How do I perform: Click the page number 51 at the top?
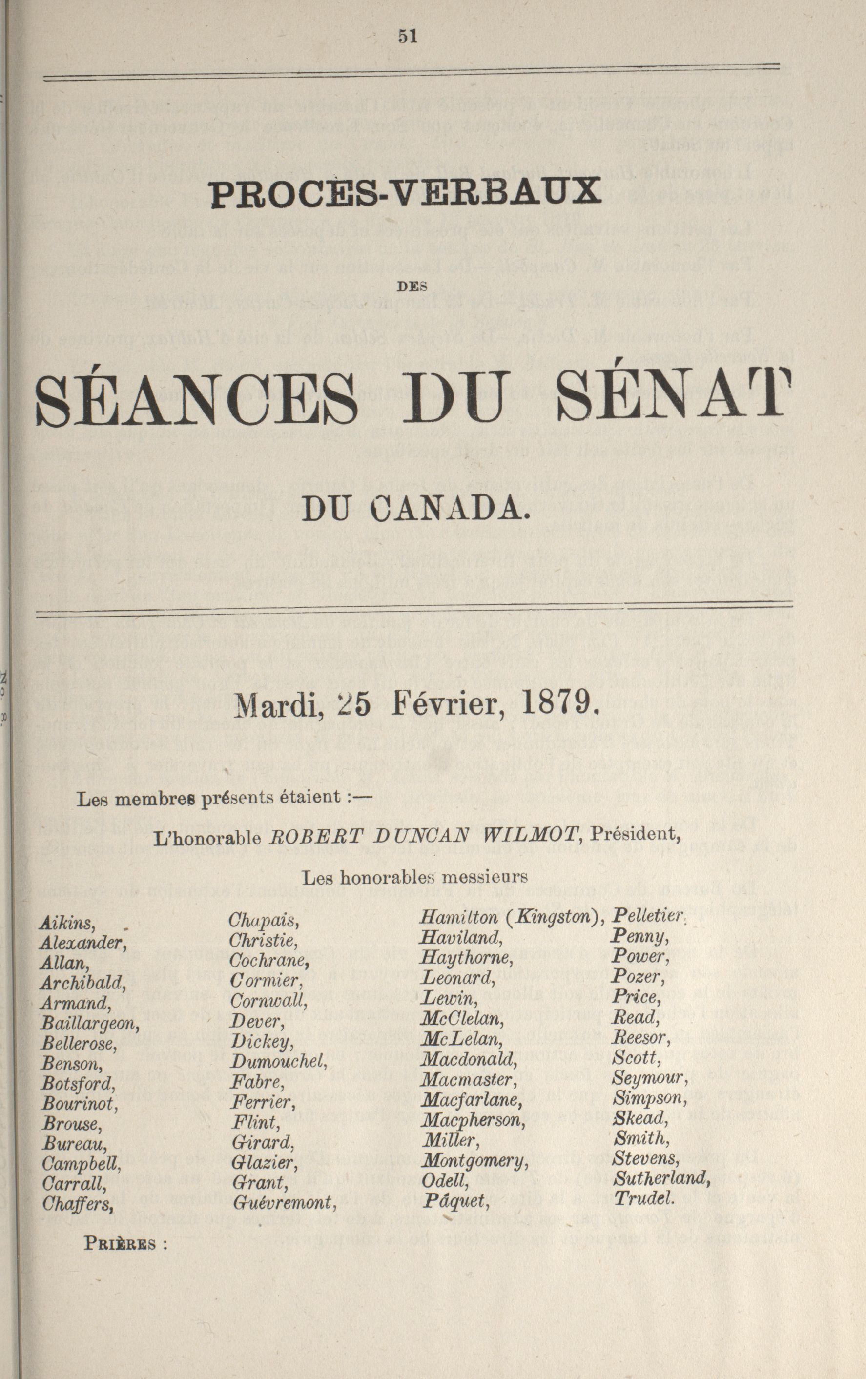pyautogui.click(x=407, y=37)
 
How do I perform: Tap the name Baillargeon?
pyautogui.click(x=89, y=1023)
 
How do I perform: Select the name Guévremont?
pyautogui.click(x=284, y=1201)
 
